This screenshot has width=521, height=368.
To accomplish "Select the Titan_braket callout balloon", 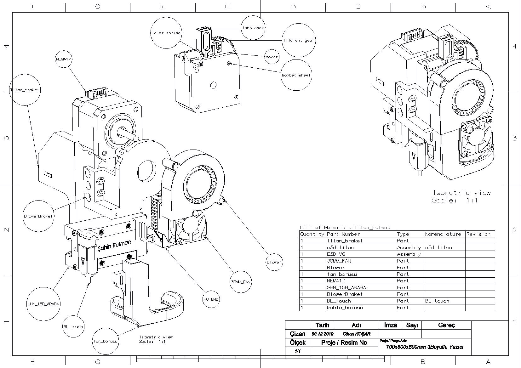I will pos(25,90).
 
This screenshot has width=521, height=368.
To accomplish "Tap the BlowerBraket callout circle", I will pos(38,216).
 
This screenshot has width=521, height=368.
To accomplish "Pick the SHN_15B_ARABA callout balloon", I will pos(43,304).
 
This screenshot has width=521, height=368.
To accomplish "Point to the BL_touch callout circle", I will pos(73,326).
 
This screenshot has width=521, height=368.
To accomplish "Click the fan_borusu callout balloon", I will pos(105,341).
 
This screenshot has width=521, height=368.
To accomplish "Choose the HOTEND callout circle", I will pos(211,299).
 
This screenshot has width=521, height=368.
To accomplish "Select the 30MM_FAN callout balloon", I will pos(240,282).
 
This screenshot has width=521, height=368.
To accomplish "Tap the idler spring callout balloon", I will pos(166,33).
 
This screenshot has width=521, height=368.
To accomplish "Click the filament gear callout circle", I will pos(298,40).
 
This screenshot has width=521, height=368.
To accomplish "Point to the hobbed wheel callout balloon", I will pos(296,75).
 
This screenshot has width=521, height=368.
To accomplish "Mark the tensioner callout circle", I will pos(253,28).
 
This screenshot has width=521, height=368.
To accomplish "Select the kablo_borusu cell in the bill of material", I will pos(345,308).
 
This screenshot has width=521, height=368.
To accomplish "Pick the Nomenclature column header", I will pos(443,234).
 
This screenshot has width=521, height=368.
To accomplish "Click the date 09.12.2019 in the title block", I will pos(322,334).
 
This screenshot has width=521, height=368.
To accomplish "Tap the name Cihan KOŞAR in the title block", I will pos(356,334).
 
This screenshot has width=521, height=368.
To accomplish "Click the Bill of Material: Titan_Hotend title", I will pos(345,227).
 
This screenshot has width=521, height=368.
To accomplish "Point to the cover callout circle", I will pos(272,57).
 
